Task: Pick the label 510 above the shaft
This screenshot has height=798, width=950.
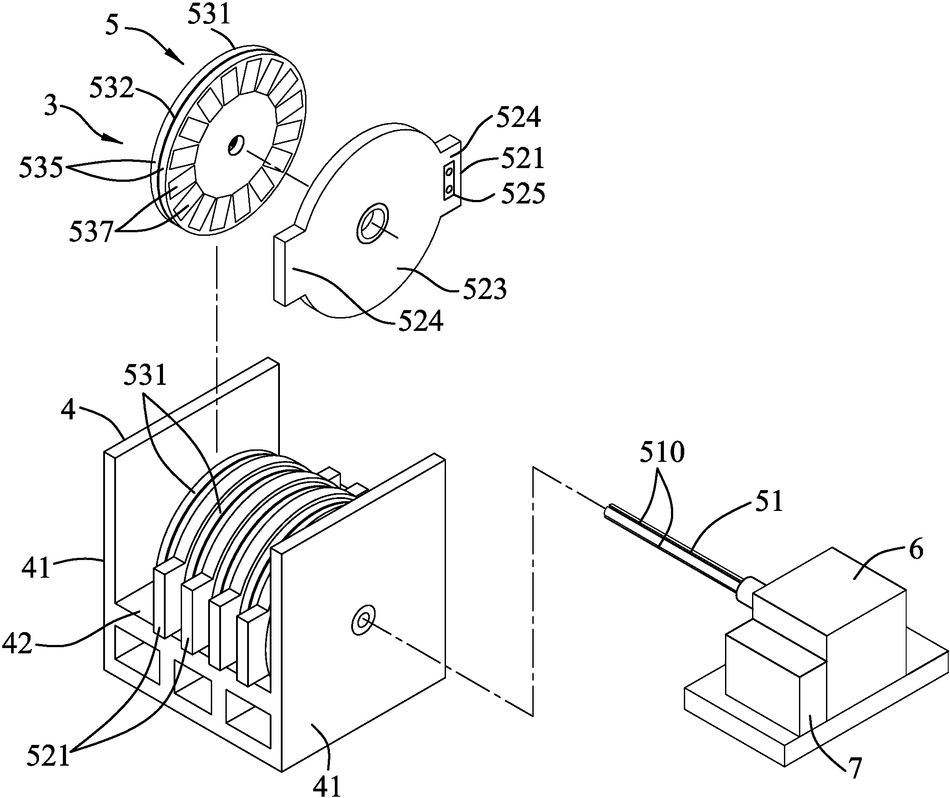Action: [x=662, y=452]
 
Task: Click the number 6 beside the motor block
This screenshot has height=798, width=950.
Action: [x=915, y=550]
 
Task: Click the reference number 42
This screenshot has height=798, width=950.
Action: [x=17, y=643]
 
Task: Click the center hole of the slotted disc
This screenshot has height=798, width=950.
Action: [x=235, y=145]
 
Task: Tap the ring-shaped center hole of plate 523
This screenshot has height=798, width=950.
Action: [x=372, y=224]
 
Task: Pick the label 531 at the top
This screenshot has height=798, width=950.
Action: [x=209, y=15]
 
